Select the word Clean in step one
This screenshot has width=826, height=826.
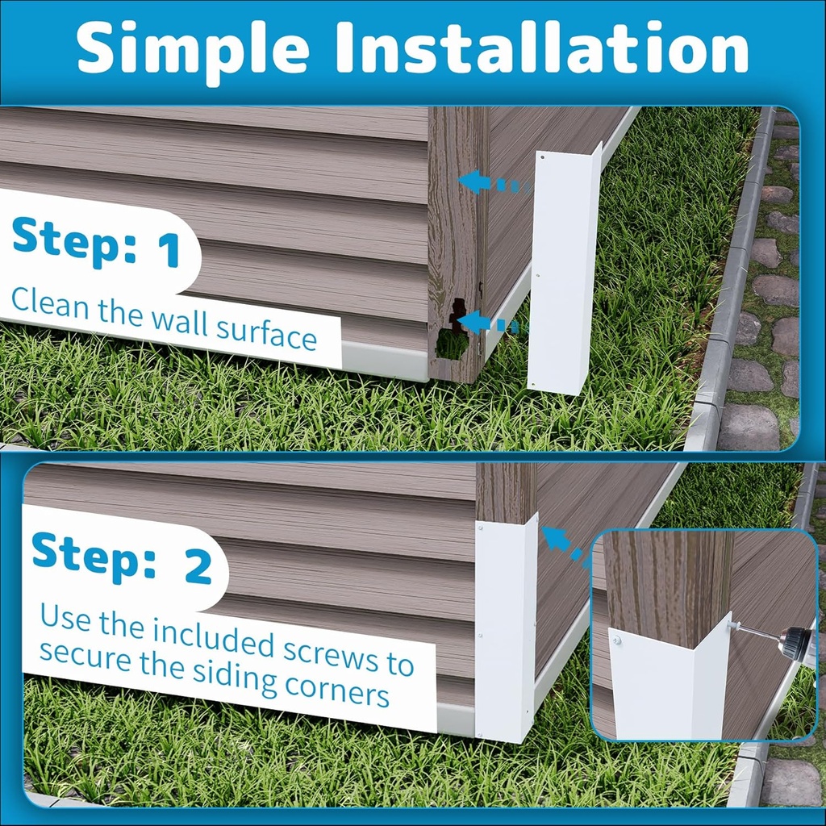50,302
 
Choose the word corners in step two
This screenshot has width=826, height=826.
336,689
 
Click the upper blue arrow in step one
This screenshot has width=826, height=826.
493,182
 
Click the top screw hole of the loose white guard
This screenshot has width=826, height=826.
543,157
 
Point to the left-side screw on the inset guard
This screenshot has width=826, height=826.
616,641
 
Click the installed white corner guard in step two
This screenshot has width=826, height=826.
505,628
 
